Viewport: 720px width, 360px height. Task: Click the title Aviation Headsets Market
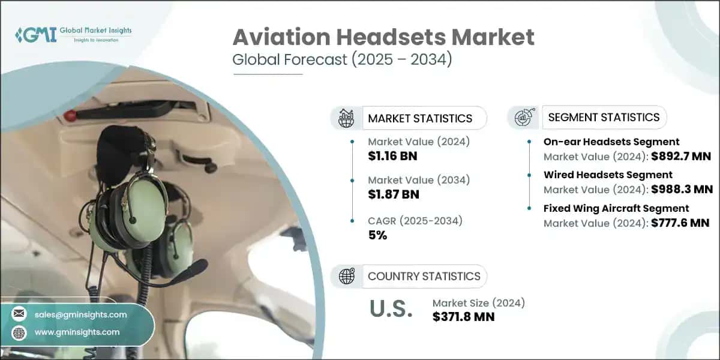(x=383, y=37)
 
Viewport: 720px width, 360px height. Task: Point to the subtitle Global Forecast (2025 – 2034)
(x=341, y=60)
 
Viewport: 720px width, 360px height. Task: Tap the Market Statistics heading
(x=420, y=118)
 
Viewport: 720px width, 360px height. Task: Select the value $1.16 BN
(x=392, y=157)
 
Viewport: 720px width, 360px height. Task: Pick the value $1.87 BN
(x=394, y=194)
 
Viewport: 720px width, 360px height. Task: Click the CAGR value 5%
(x=377, y=235)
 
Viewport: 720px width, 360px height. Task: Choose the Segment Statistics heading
(x=604, y=117)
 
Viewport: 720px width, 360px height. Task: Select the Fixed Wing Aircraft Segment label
(x=616, y=208)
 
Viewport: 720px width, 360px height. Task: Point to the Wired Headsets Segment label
(x=608, y=175)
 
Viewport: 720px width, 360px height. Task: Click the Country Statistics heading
(x=424, y=276)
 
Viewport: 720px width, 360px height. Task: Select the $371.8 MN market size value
(x=463, y=317)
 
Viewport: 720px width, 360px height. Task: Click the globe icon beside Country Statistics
(x=346, y=276)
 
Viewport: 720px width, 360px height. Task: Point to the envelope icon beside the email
(x=19, y=314)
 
